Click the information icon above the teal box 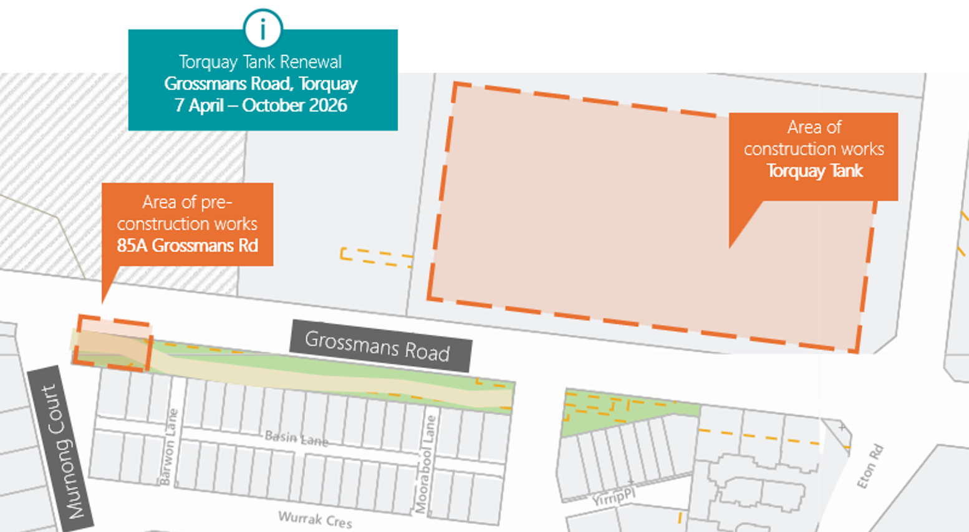[x=263, y=29]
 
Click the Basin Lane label [x=296, y=438]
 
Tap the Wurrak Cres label [x=315, y=518]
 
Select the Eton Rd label [x=870, y=467]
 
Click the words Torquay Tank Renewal [x=260, y=62]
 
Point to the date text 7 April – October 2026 [x=261, y=105]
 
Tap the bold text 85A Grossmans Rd [x=187, y=246]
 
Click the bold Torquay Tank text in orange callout [x=814, y=171]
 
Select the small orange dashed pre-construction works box [x=113, y=344]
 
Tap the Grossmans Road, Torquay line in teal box [x=261, y=84]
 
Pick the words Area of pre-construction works [x=187, y=213]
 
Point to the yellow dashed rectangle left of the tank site [x=376, y=257]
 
